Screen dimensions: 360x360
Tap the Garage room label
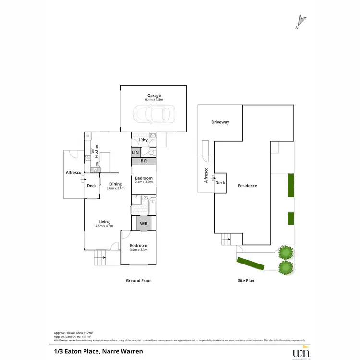tap(154, 96)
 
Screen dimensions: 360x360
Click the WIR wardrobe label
tap(144, 223)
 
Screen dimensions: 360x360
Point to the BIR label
tap(144, 162)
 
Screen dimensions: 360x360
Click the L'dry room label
tap(143, 140)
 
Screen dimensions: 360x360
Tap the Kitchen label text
tap(96, 151)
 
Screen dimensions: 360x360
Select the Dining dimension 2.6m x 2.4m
tap(115, 188)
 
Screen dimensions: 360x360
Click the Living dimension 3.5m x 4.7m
tap(104, 226)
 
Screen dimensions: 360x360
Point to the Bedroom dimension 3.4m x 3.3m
tap(138, 250)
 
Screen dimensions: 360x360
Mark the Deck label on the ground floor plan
tap(92, 186)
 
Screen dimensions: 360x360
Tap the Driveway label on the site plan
tap(220, 122)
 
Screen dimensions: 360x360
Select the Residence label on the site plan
tap(247, 186)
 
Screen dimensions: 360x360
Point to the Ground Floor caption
tap(138, 281)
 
